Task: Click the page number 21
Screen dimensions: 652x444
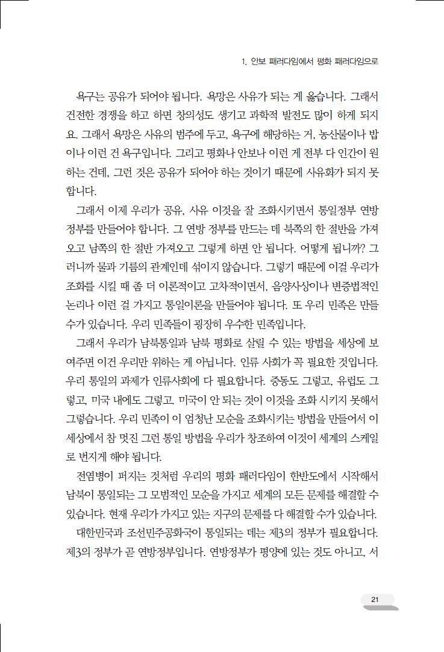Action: pyautogui.click(x=375, y=599)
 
